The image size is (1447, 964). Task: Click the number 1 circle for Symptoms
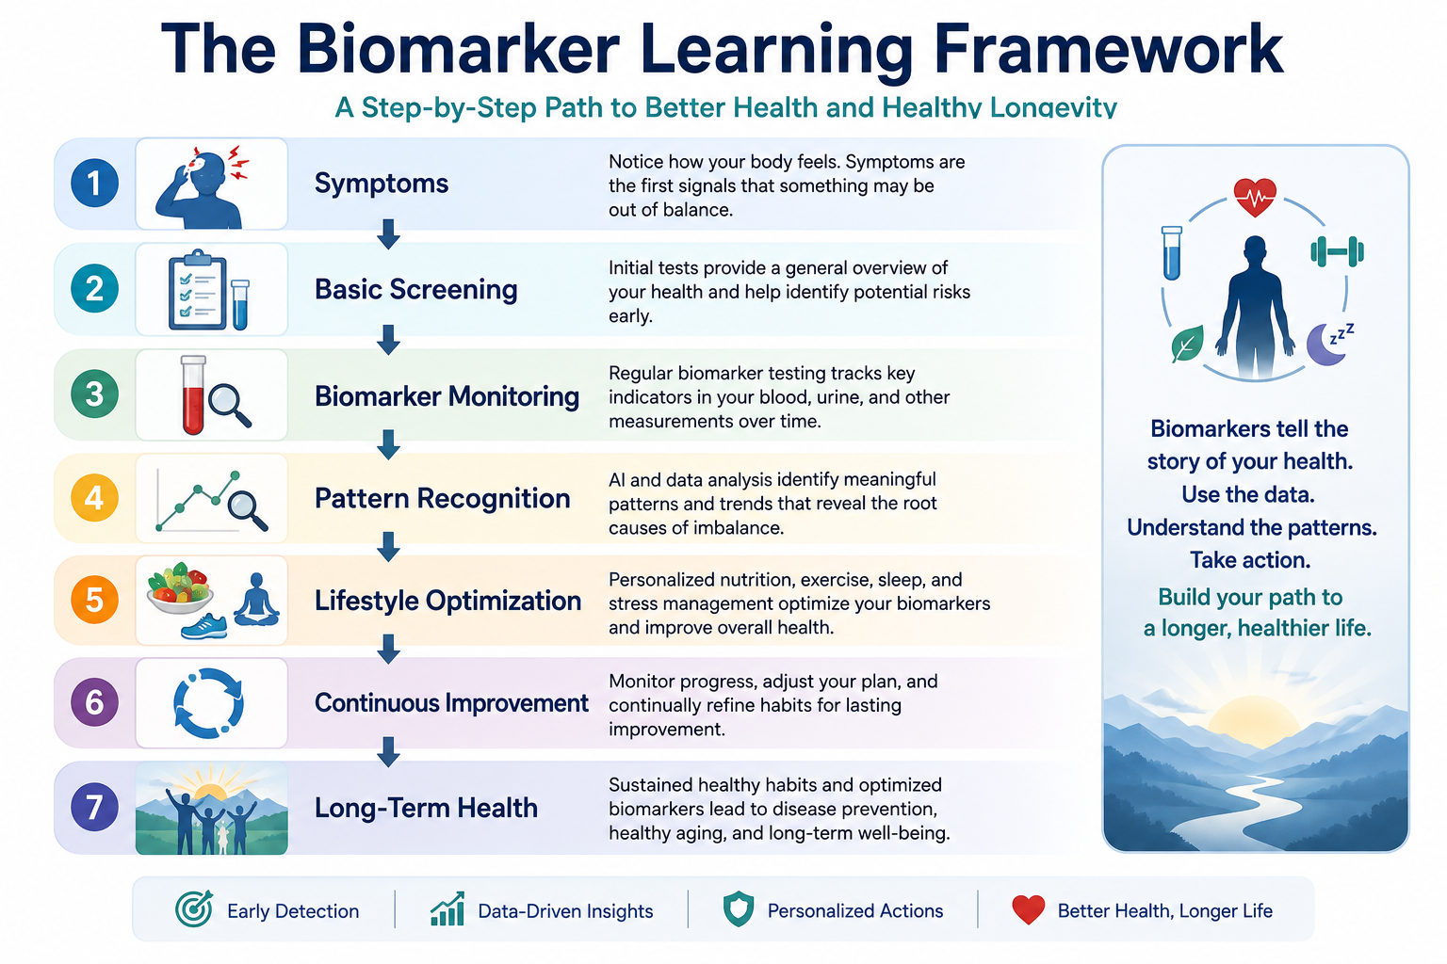click(94, 183)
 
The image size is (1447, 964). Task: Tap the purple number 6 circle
click(94, 702)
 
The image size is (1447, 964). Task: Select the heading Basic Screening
click(416, 290)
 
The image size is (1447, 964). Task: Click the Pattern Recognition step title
click(443, 498)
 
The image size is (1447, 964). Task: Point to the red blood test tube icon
click(193, 394)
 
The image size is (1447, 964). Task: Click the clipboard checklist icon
click(197, 290)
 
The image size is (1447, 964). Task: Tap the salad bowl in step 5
click(179, 589)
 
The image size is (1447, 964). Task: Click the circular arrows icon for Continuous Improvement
click(208, 703)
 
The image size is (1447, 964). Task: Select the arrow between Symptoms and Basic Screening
click(388, 233)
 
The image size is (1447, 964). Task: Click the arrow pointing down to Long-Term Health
click(388, 751)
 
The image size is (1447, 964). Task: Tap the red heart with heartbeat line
click(1255, 198)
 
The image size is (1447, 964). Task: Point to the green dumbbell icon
click(1337, 251)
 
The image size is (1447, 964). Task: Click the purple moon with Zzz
click(1328, 345)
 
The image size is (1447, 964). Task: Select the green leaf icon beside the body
click(1187, 344)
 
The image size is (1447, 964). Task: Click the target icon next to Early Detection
click(194, 908)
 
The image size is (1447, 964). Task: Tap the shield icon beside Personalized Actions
click(739, 909)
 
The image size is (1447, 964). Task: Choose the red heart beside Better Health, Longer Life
click(1029, 909)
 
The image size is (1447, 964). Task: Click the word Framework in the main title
click(1108, 50)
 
